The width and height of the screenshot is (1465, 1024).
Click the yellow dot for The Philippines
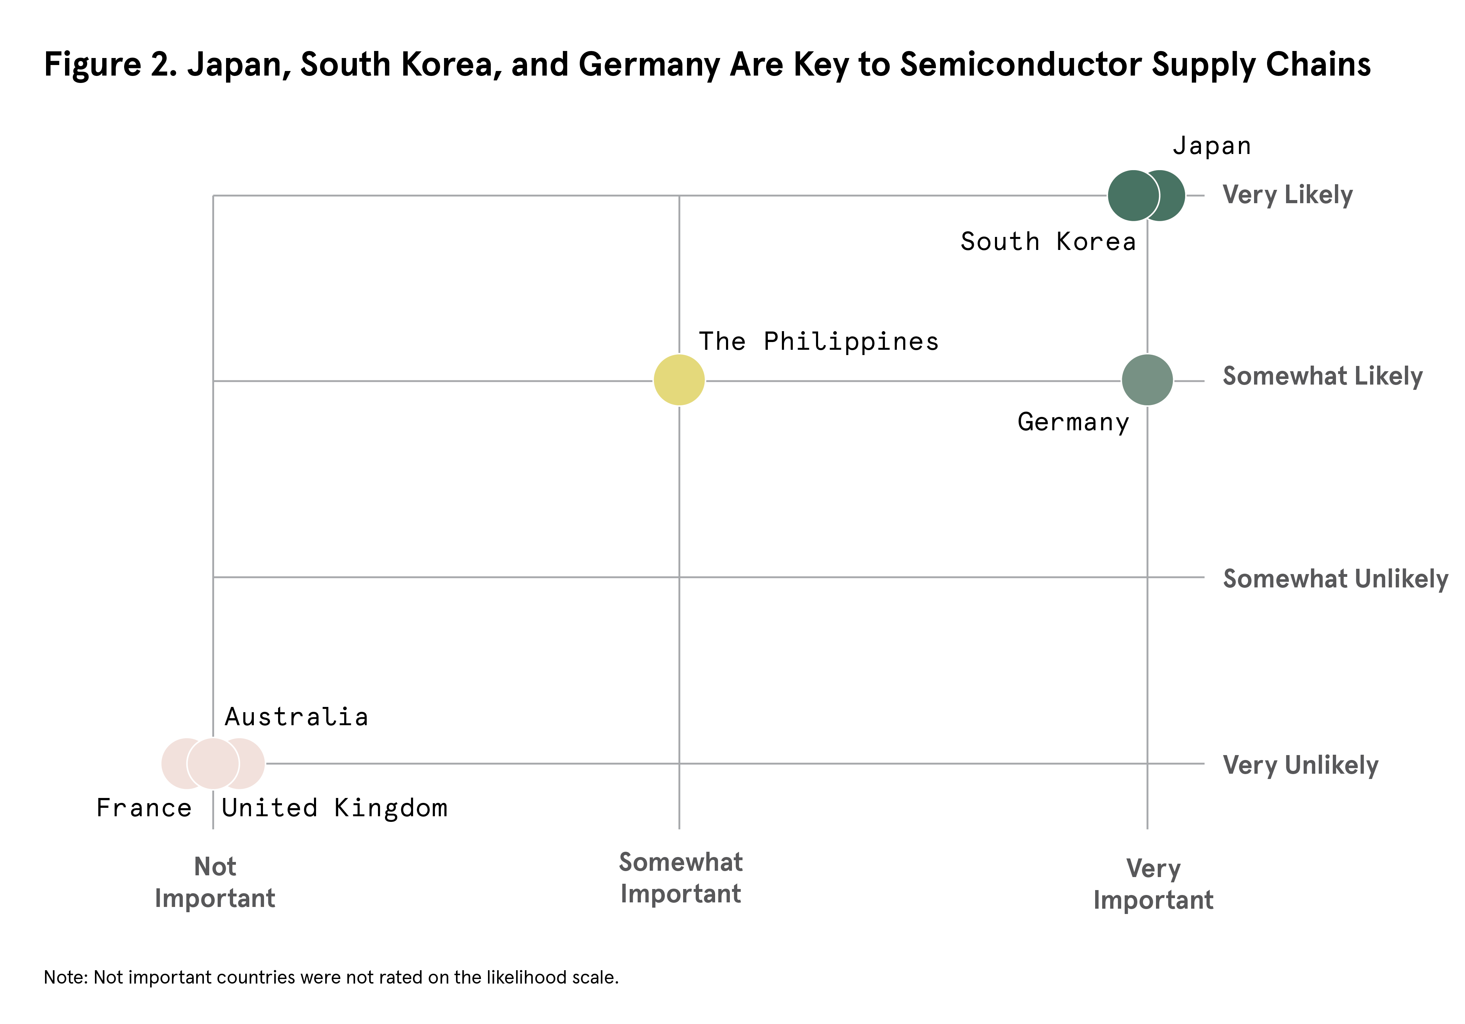pyautogui.click(x=679, y=380)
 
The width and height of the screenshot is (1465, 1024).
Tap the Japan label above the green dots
pyautogui.click(x=1211, y=146)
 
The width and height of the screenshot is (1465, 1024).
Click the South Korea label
pyautogui.click(x=1048, y=242)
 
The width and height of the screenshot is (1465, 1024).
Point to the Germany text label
pyautogui.click(x=1073, y=422)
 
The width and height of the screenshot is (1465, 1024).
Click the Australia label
pyautogui.click(x=296, y=717)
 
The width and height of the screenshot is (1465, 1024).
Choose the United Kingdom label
pyautogui.click(x=334, y=809)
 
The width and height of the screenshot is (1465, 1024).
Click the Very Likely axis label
pyautogui.click(x=1287, y=195)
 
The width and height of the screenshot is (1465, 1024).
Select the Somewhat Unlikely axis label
pyautogui.click(x=1335, y=579)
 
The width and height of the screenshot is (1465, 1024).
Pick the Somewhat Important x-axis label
pyautogui.click(x=681, y=878)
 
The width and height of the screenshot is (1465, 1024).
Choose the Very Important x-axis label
pyautogui.click(x=1153, y=884)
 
